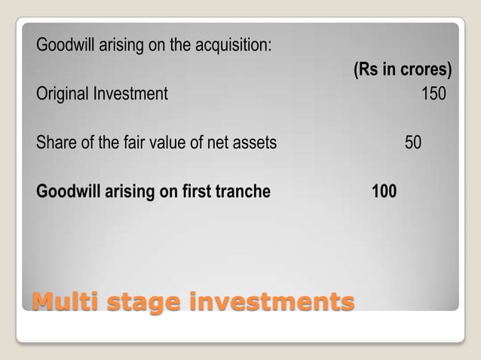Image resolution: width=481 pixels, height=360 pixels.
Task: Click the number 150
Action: tap(433, 94)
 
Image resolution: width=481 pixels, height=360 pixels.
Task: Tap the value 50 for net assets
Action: tap(413, 142)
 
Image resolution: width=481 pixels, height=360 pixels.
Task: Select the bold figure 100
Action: tap(384, 191)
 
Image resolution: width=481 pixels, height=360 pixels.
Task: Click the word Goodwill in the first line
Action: tap(63, 44)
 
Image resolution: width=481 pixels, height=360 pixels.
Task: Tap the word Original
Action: tap(62, 95)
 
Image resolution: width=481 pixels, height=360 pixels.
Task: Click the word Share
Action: tap(54, 142)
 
